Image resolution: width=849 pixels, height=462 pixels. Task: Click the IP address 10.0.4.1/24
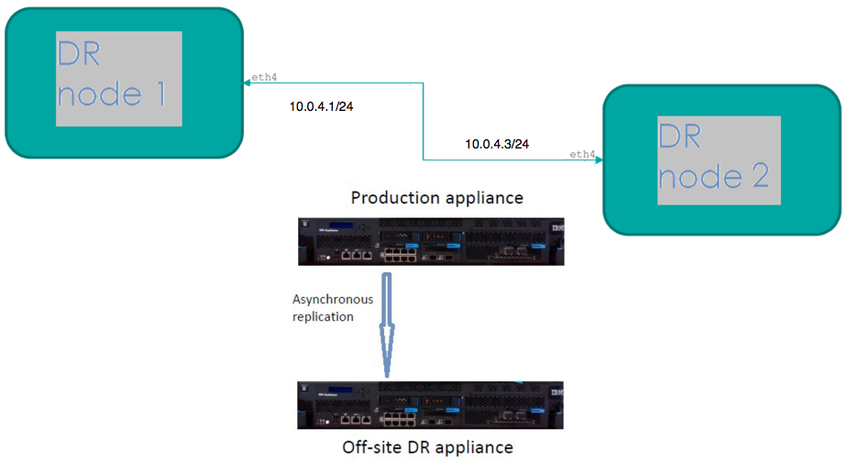tap(321, 106)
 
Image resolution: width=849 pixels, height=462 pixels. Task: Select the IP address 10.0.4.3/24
tap(497, 144)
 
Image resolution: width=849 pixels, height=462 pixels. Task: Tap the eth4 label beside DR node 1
tap(264, 77)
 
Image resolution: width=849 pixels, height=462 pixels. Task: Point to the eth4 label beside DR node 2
tap(582, 154)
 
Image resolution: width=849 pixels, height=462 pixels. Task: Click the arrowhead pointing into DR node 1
tap(247, 82)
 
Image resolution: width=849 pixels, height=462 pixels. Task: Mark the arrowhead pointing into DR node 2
tap(599, 159)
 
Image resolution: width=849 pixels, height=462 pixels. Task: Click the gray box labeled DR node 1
tap(119, 79)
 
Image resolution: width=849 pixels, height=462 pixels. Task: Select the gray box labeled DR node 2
tap(719, 160)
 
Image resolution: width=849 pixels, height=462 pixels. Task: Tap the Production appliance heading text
tap(437, 198)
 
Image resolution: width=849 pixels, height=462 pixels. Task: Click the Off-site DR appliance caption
tap(428, 447)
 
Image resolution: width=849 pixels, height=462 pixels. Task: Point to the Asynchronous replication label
tap(333, 308)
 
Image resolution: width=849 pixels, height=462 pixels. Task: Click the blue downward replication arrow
tap(387, 325)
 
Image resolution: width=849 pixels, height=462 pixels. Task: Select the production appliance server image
tap(431, 242)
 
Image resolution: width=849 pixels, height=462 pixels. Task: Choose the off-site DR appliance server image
tap(430, 405)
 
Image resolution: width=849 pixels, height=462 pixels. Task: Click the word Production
tap(390, 198)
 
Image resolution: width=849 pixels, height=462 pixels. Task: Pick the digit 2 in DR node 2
tap(760, 176)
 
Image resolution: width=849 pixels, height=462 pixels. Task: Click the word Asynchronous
tap(333, 300)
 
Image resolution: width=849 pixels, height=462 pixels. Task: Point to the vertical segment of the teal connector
tap(423, 121)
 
